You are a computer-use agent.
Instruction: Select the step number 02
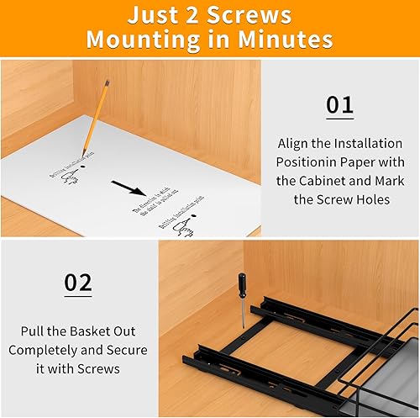click(x=78, y=283)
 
